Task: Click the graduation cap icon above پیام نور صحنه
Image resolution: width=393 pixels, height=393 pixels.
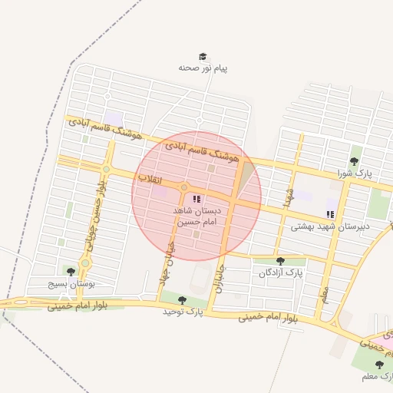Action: coord(203,57)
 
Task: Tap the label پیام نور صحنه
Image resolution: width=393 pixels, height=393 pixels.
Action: coord(203,68)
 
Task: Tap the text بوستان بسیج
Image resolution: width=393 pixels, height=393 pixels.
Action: coord(71,283)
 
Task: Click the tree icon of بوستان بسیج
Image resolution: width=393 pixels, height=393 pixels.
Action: coord(71,272)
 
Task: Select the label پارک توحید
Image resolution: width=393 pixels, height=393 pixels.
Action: coord(182,312)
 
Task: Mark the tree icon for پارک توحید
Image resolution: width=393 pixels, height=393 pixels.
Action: coord(182,300)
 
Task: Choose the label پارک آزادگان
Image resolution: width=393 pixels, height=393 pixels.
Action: coord(280,272)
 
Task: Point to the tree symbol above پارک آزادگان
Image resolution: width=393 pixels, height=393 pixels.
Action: coord(280,261)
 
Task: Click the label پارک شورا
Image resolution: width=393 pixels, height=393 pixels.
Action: coord(354,173)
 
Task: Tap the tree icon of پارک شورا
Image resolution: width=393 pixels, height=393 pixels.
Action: coord(354,161)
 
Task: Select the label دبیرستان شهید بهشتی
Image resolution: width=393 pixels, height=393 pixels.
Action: coord(330,226)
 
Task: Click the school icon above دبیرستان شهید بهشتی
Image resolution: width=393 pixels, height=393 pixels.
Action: coord(330,214)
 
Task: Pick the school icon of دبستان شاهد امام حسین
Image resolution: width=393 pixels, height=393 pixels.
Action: coord(197,199)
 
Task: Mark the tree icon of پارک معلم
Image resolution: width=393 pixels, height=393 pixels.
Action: coord(378,365)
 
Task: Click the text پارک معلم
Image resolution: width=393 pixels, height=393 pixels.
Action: coord(378,377)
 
